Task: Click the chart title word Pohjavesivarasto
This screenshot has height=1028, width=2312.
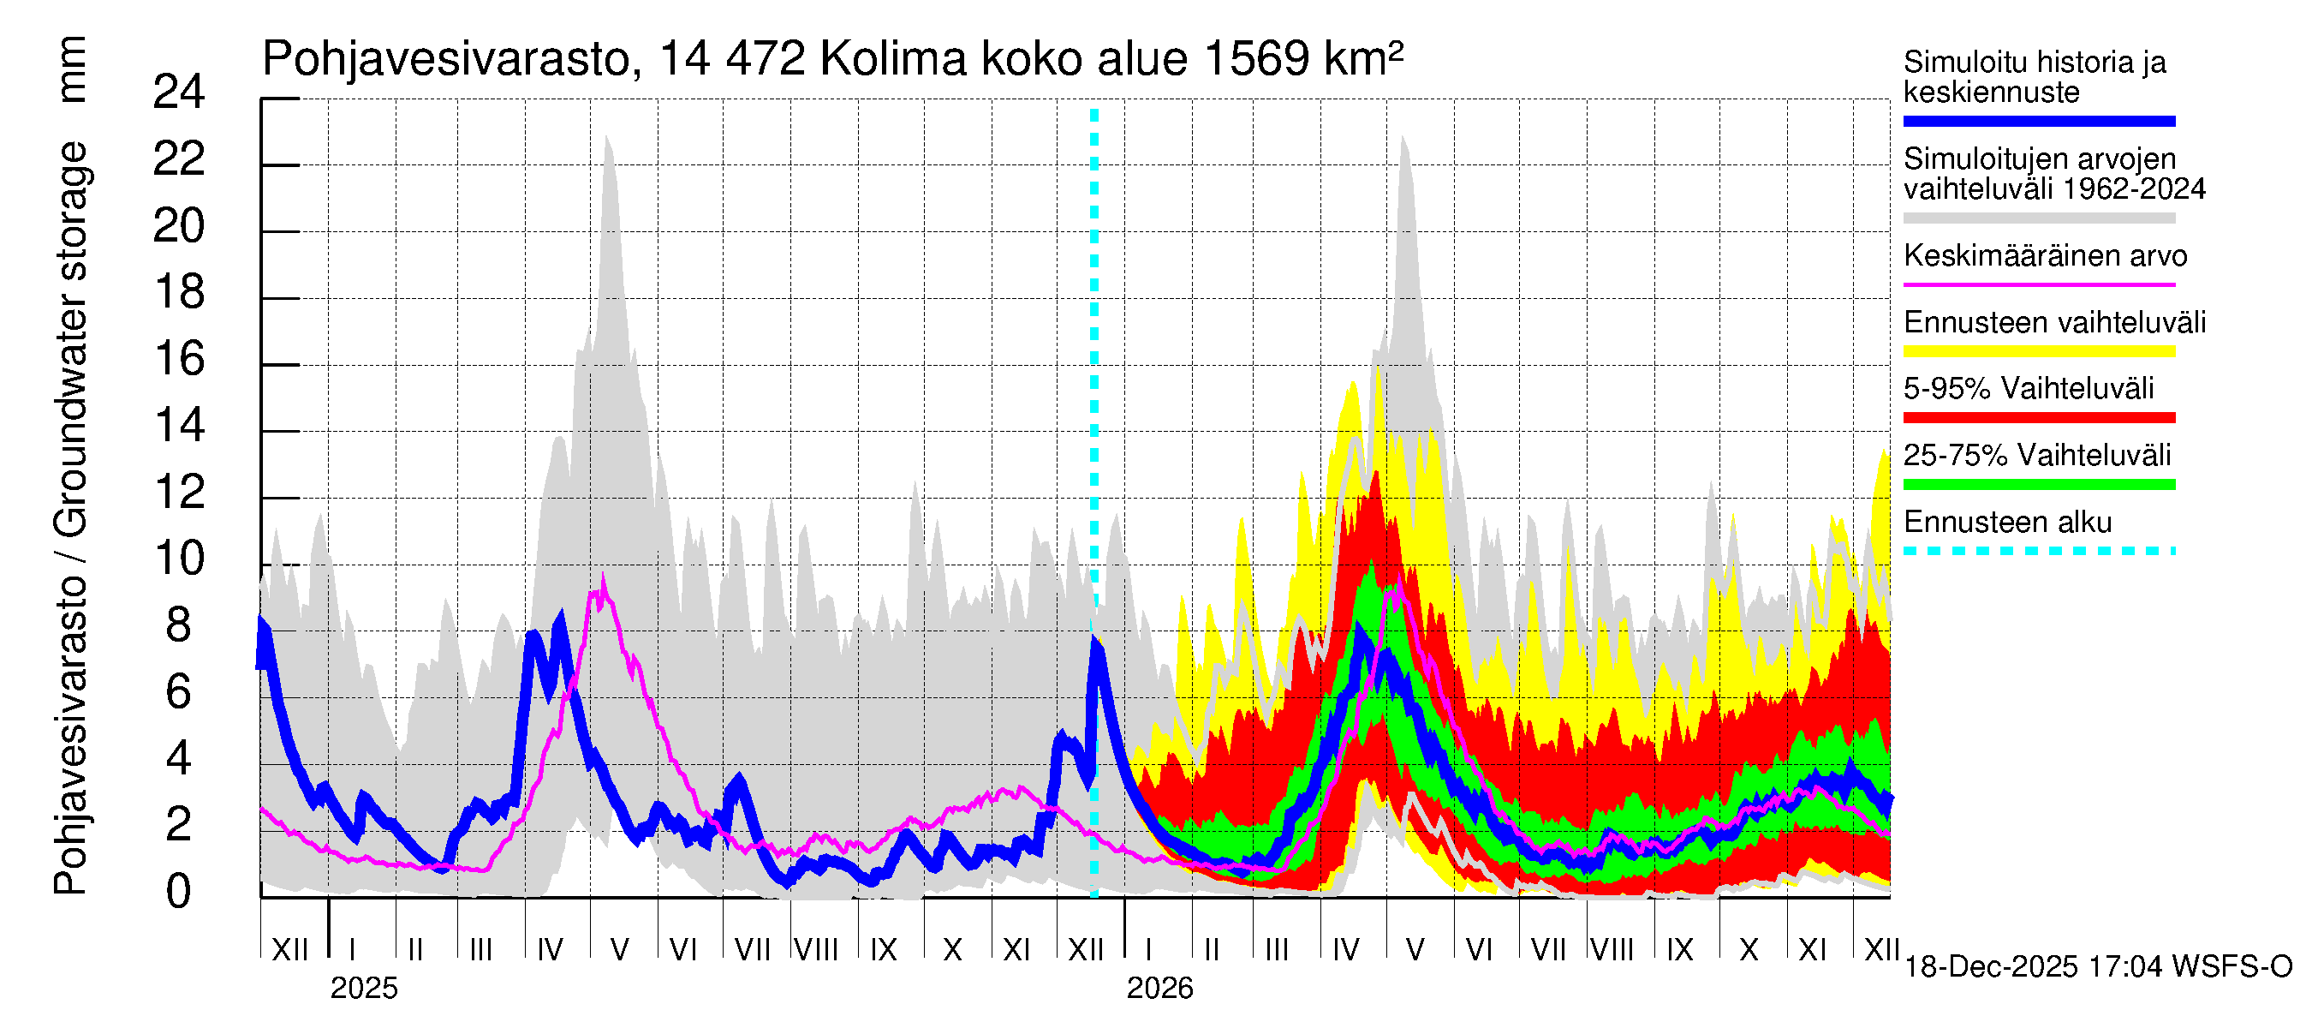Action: pyautogui.click(x=446, y=59)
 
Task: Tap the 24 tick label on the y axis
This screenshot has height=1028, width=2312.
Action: pyautogui.click(x=179, y=93)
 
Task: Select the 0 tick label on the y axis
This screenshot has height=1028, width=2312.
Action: pyautogui.click(x=179, y=891)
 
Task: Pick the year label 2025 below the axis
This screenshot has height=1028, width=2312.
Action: pyautogui.click(x=363, y=988)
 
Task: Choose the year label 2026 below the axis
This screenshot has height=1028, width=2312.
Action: pyautogui.click(x=1159, y=988)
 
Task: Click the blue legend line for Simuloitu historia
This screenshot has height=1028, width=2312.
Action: pyautogui.click(x=2038, y=121)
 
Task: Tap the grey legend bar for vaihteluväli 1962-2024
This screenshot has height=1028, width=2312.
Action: pyautogui.click(x=2038, y=218)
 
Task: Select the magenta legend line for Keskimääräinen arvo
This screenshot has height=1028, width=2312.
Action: pyautogui.click(x=2038, y=284)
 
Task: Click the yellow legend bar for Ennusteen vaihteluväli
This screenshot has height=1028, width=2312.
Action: pyautogui.click(x=2038, y=351)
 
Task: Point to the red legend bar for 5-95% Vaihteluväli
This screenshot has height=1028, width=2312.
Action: pyautogui.click(x=2038, y=417)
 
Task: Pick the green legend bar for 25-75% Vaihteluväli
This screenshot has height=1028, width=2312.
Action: pyautogui.click(x=2038, y=484)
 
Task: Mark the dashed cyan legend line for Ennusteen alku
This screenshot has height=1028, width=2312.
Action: pyautogui.click(x=2038, y=550)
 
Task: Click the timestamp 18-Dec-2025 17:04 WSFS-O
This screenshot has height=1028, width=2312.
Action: pyautogui.click(x=2097, y=967)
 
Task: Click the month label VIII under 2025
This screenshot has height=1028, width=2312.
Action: pyautogui.click(x=816, y=949)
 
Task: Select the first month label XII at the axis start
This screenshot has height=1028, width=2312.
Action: pyautogui.click(x=289, y=949)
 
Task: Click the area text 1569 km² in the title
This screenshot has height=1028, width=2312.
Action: pyautogui.click(x=1303, y=59)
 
